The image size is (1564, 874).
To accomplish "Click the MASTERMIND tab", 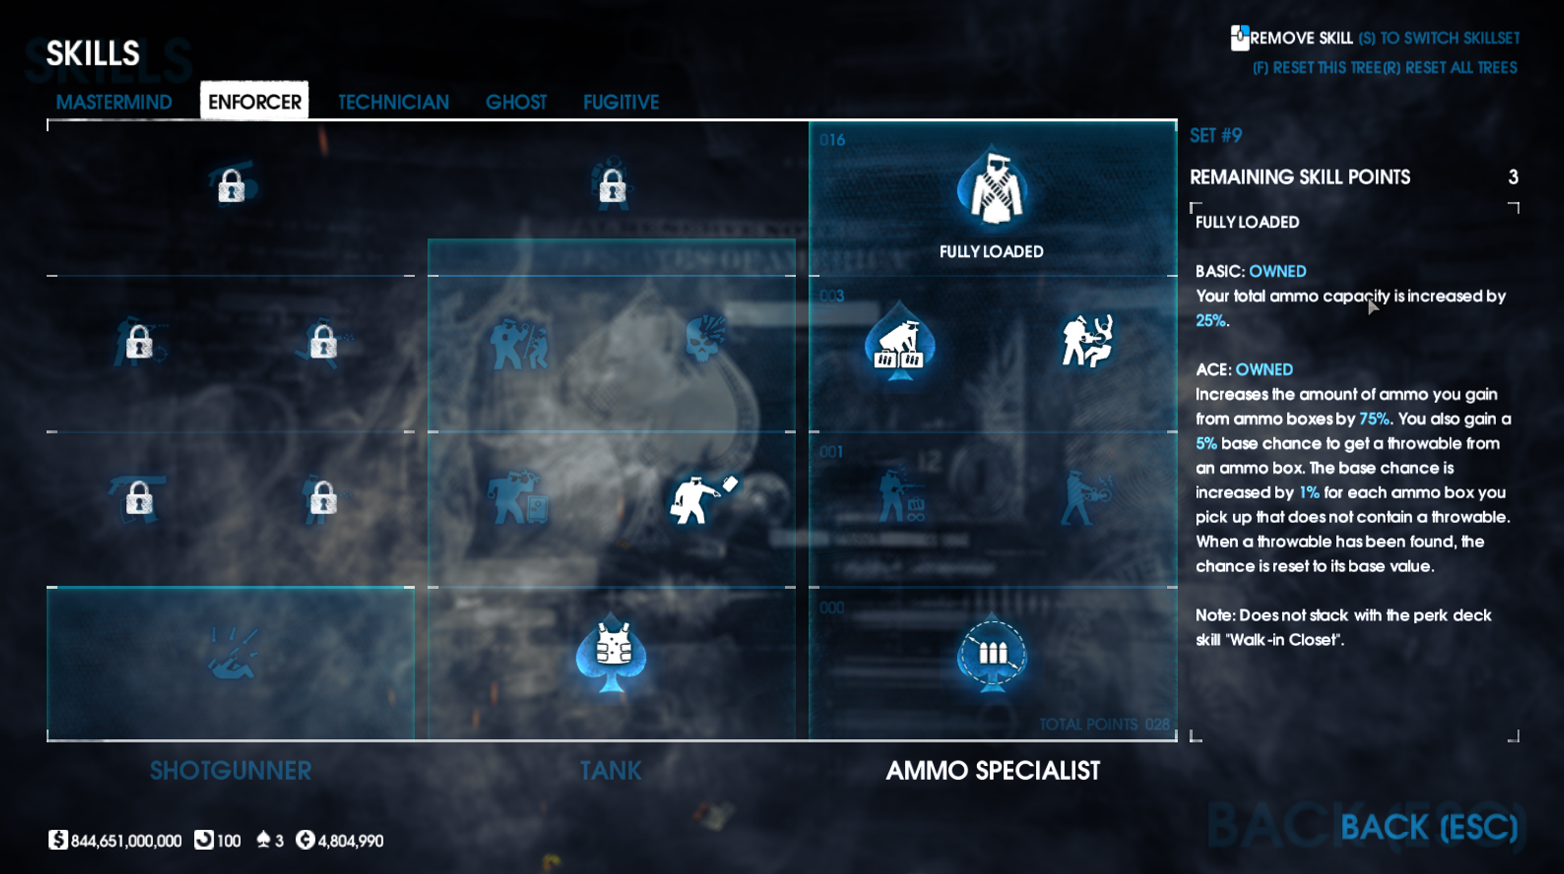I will (114, 102).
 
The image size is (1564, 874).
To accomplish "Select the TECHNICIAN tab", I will (393, 102).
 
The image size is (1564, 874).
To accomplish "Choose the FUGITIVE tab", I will (621, 102).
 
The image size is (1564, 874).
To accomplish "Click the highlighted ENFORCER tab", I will (255, 101).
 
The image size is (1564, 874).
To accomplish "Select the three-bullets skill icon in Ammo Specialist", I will (992, 654).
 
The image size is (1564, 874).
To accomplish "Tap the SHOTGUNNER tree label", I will (230, 771).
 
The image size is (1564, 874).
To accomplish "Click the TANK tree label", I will (611, 771).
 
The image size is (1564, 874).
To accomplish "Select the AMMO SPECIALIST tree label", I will (993, 771).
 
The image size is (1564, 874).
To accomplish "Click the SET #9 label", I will (1215, 135).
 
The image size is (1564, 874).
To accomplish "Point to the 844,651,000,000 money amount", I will (126, 841).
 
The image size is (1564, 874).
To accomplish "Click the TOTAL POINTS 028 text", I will (1104, 724).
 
